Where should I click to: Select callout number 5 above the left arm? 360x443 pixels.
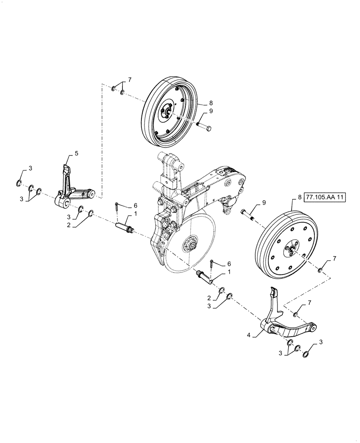click(76, 153)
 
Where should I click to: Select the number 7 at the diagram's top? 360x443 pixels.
click(130, 80)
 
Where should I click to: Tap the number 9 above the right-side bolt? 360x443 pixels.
click(264, 202)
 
